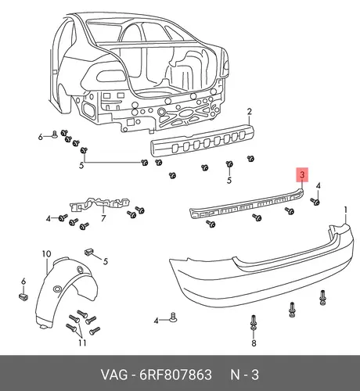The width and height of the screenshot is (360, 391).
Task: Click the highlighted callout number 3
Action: (x=302, y=174)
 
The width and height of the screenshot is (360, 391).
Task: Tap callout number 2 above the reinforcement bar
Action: (x=250, y=112)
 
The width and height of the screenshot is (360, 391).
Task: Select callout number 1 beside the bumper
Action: (x=346, y=210)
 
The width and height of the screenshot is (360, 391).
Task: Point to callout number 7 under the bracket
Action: (x=103, y=218)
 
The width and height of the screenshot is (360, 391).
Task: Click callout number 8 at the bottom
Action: (x=254, y=343)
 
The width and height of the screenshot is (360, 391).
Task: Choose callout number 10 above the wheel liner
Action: (x=46, y=253)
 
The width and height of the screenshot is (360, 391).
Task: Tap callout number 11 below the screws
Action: (x=82, y=343)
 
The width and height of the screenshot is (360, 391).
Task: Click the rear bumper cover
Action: (x=261, y=271)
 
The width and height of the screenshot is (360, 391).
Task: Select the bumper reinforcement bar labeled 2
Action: (x=202, y=141)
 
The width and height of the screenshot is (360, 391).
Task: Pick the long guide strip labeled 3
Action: (x=247, y=205)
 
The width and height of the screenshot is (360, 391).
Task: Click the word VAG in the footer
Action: (x=114, y=375)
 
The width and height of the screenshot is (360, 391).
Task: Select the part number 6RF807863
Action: (x=175, y=375)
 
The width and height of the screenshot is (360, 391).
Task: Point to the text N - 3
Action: (x=244, y=375)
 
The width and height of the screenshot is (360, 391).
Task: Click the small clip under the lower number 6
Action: (x=23, y=297)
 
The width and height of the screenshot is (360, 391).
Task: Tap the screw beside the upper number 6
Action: (x=55, y=135)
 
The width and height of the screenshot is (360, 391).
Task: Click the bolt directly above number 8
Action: (x=254, y=323)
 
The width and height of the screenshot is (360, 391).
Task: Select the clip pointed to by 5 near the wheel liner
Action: (x=89, y=252)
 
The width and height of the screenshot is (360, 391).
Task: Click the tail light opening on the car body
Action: (x=113, y=77)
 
